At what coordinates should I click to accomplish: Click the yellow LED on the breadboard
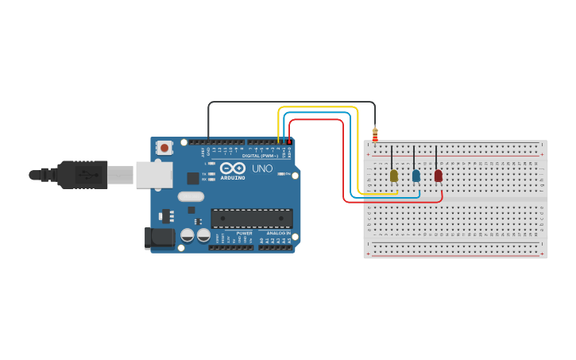pyautogui.click(x=393, y=175)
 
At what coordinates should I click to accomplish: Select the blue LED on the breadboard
pyautogui.click(x=416, y=175)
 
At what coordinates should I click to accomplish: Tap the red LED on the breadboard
pyautogui.click(x=438, y=175)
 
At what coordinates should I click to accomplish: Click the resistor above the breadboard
pyautogui.click(x=375, y=134)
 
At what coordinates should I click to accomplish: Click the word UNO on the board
pyautogui.click(x=262, y=168)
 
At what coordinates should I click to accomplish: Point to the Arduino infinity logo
pyautogui.click(x=233, y=168)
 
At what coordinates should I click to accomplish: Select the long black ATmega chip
pyautogui.click(x=251, y=218)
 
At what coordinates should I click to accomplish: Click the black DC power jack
pyautogui.click(x=160, y=237)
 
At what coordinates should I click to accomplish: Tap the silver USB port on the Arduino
pyautogui.click(x=153, y=175)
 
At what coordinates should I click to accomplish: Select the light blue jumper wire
pyautogui.click(x=318, y=114)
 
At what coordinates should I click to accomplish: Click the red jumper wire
pyautogui.click(x=318, y=120)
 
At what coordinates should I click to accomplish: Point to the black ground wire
pyautogui.click(x=286, y=102)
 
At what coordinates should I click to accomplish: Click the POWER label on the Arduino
pyautogui.click(x=244, y=233)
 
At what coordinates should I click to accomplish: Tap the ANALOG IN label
pyautogui.click(x=278, y=233)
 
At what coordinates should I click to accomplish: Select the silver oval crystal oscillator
pyautogui.click(x=191, y=196)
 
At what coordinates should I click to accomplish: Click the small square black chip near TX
pyautogui.click(x=193, y=178)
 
